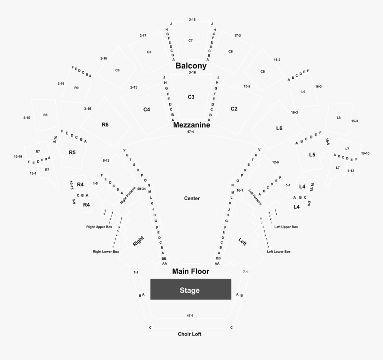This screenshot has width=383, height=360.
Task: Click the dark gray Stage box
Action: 190,290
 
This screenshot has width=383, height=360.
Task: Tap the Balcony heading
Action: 191,65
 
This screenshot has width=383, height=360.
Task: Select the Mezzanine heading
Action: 191,125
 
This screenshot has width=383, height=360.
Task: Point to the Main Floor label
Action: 191,271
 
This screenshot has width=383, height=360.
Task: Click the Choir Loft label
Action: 190,334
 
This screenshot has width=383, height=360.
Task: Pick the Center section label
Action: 192,198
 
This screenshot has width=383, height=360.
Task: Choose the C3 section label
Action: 191,97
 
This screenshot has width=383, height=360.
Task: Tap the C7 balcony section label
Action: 190,41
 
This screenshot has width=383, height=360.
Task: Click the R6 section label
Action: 105,125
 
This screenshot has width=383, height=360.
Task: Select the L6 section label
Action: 279,128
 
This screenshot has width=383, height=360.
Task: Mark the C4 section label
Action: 147,110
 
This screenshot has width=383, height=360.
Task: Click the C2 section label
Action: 234,109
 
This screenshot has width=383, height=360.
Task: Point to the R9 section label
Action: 77,88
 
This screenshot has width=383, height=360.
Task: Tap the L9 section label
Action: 303,92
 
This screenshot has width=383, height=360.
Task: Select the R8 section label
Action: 45,115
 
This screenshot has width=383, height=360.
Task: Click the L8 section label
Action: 338,118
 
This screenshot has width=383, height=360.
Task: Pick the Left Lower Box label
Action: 278,252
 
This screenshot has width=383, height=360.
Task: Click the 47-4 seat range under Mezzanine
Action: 190,132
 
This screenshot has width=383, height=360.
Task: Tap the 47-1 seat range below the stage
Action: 190,315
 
